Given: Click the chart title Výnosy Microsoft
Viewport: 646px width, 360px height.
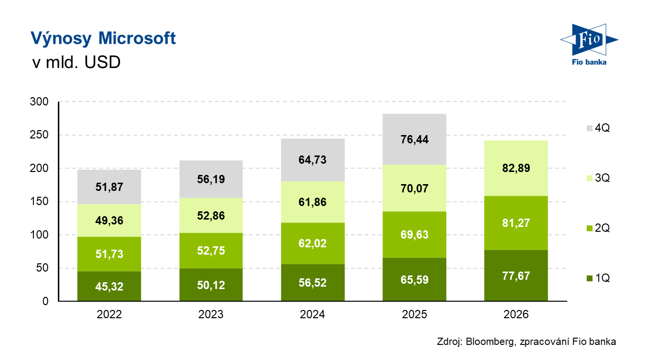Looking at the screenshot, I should click(103, 38).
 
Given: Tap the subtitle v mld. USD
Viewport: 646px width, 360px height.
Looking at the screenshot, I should click(75, 63).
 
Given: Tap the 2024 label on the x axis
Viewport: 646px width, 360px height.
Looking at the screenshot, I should click(313, 314).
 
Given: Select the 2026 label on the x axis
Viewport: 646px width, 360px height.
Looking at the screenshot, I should click(516, 314).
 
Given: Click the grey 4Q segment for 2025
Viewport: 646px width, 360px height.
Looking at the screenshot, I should click(415, 139).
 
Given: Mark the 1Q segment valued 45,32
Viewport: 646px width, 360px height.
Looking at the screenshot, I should click(109, 286).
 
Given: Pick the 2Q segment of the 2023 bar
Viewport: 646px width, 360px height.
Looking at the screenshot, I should click(211, 250).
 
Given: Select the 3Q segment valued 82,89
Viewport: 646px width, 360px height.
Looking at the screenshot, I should click(516, 168).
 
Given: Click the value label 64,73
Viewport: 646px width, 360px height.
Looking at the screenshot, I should click(313, 160).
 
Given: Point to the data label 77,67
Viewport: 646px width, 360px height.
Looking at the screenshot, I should click(516, 276).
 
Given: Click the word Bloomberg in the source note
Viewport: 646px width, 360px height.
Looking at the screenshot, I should click(489, 342).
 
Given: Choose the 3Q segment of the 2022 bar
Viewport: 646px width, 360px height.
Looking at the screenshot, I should click(109, 220).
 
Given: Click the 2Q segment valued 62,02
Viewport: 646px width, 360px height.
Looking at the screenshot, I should click(313, 243).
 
